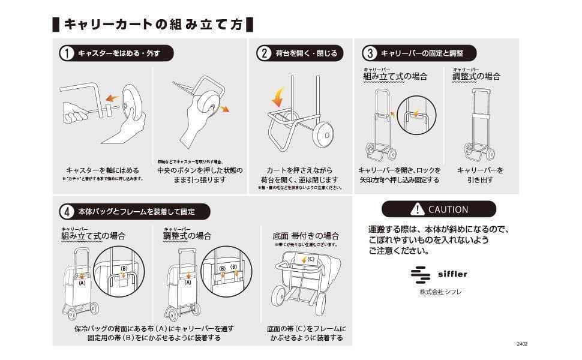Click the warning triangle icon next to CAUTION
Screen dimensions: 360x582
click(x=417, y=209)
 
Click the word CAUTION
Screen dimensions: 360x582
click(x=448, y=209)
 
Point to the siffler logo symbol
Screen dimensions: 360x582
click(x=421, y=275)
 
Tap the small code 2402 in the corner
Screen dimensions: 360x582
click(x=521, y=344)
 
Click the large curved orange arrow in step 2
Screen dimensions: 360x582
click(x=279, y=96)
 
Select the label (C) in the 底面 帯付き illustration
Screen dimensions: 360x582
click(x=310, y=260)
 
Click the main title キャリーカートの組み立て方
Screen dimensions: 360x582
click(x=153, y=25)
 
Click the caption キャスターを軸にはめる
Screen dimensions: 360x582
click(x=103, y=170)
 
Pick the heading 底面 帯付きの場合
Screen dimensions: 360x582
click(x=306, y=236)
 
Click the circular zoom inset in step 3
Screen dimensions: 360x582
click(x=415, y=113)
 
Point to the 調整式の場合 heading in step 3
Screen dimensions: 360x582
click(x=476, y=76)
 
